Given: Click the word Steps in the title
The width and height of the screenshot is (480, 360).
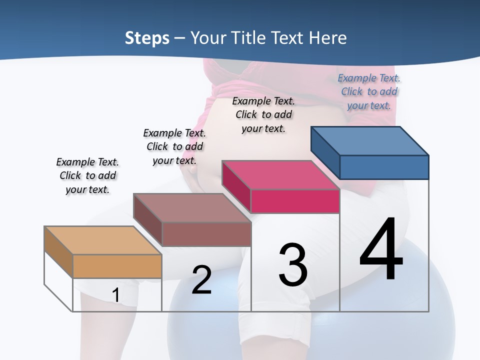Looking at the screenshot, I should (147, 38).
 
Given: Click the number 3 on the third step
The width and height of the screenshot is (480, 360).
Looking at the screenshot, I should (293, 264).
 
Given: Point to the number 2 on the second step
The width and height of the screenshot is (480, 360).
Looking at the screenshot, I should (201, 280).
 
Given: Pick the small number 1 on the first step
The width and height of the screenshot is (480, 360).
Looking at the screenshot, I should (115, 295).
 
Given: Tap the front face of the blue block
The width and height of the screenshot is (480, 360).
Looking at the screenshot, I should (384, 167).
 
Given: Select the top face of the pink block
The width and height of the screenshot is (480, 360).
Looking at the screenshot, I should (280, 175).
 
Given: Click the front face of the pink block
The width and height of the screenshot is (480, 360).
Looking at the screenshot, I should (295, 201).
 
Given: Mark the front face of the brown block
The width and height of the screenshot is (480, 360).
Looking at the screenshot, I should (206, 234).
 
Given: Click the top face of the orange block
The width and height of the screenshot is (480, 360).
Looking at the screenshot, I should (102, 240).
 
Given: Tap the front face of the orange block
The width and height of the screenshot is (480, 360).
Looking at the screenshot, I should (117, 266).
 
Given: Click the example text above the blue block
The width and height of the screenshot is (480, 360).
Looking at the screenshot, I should (369, 91).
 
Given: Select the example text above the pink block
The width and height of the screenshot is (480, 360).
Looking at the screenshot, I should (263, 114).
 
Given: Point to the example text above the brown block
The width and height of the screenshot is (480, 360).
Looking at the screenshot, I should (174, 146).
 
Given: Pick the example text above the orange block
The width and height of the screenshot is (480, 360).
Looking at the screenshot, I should (87, 175).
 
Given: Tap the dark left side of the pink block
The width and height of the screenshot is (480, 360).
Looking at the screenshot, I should (236, 186).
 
